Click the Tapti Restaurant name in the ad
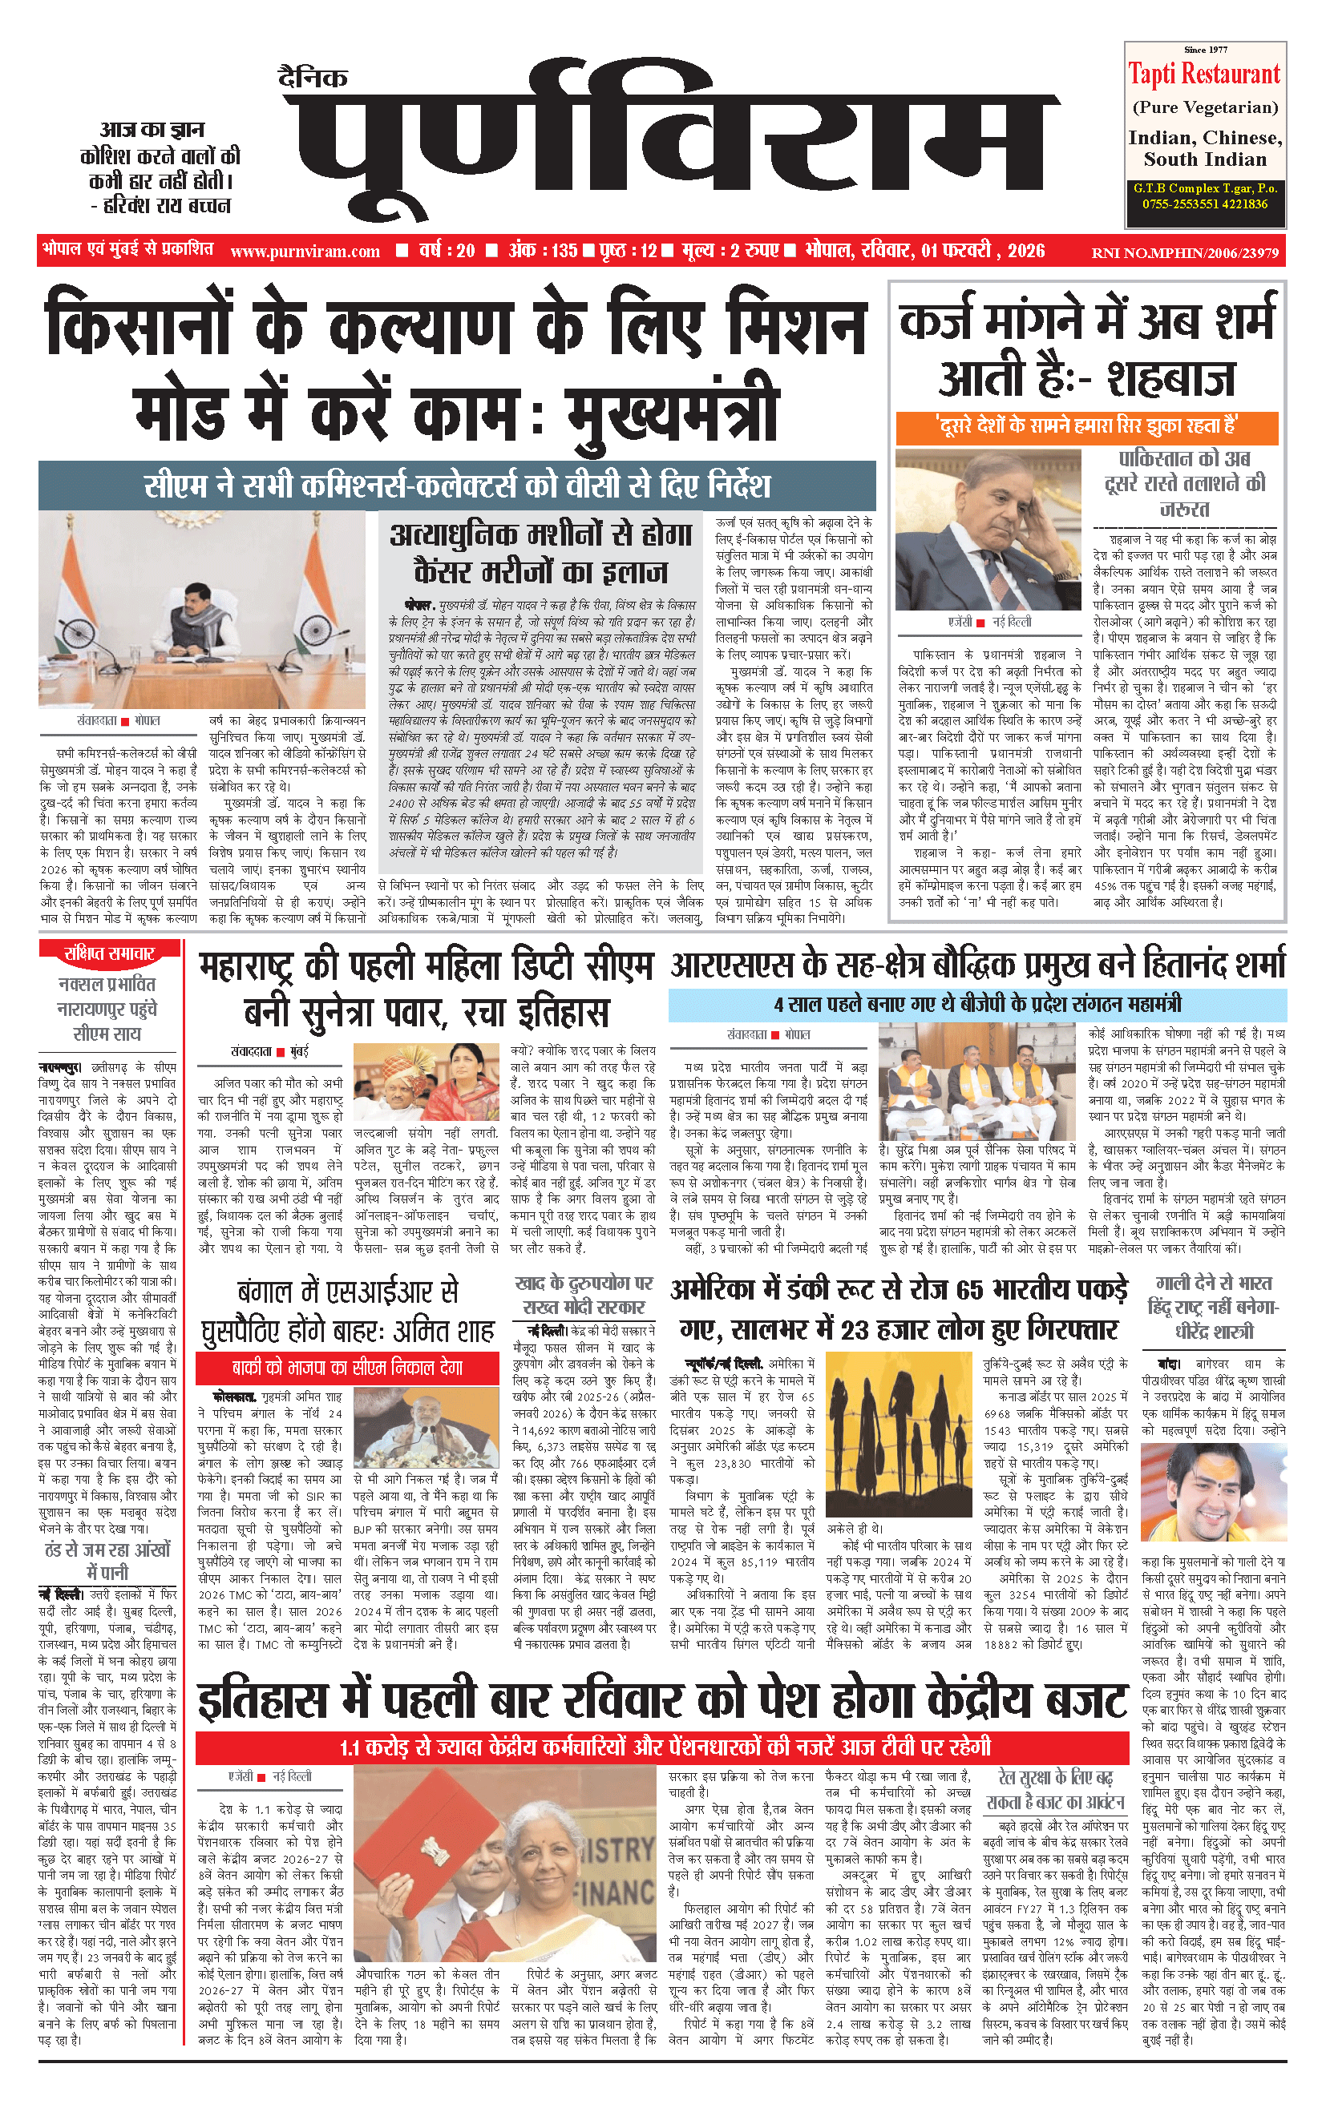1203,75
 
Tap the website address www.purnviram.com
305,252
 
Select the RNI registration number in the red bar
1184,253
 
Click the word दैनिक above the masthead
313,79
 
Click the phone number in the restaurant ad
1204,204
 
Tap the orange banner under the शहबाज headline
1086,427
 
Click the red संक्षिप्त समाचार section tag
109,953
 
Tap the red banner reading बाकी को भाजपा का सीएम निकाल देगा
347,1368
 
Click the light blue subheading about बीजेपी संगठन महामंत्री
976,1004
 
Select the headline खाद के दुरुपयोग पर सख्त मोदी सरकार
584,1296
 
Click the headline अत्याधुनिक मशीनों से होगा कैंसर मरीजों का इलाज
541,553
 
